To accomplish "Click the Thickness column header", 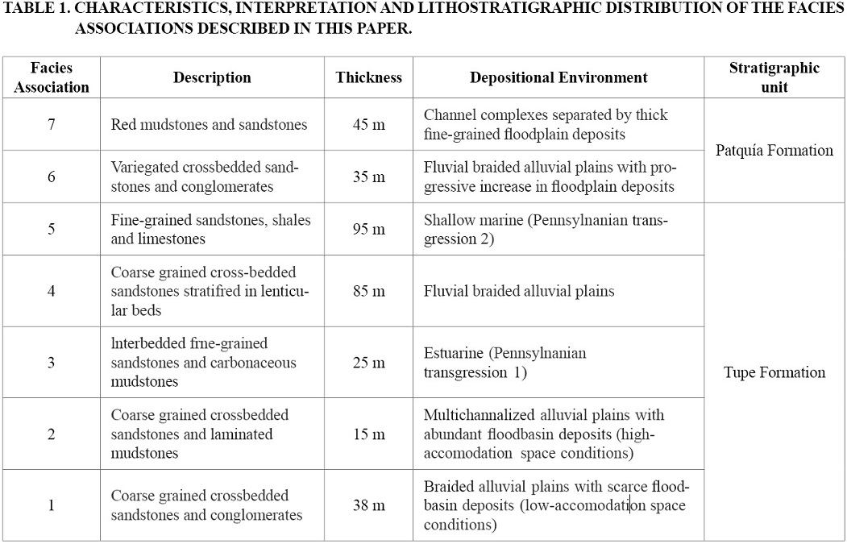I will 368,77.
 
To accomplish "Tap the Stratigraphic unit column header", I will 774,77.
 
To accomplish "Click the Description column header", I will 212,77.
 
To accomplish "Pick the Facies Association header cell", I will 52,77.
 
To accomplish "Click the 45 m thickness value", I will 368,125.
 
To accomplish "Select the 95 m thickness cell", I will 368,230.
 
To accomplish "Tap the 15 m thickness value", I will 368,434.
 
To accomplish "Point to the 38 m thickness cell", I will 368,505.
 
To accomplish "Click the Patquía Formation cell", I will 774,151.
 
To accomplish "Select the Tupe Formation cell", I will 774,372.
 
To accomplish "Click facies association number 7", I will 52,125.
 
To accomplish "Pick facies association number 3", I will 52,363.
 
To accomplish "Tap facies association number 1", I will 52,505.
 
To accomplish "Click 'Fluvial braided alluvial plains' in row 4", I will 519,291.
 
